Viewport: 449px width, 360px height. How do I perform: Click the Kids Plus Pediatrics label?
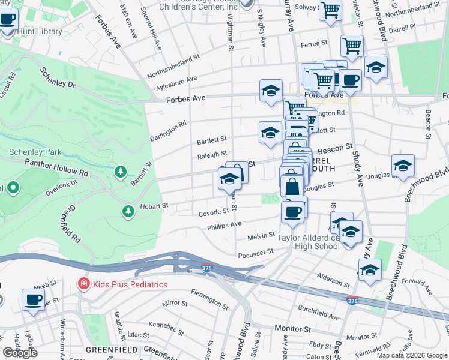[x=129, y=283]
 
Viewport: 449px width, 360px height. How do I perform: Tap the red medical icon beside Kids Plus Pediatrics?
[x=83, y=283]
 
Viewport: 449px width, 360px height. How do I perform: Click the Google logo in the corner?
[x=20, y=353]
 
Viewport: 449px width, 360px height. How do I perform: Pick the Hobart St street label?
[x=155, y=206]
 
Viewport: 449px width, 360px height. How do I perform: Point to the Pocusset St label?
[x=256, y=252]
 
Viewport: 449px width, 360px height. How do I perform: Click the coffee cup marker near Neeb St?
[x=33, y=299]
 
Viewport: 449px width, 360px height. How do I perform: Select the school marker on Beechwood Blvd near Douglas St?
[x=403, y=165]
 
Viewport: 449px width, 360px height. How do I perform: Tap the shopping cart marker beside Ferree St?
[x=352, y=46]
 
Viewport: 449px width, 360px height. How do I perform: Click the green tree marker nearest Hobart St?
[x=128, y=211]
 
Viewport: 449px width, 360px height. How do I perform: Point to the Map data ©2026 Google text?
[x=411, y=355]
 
